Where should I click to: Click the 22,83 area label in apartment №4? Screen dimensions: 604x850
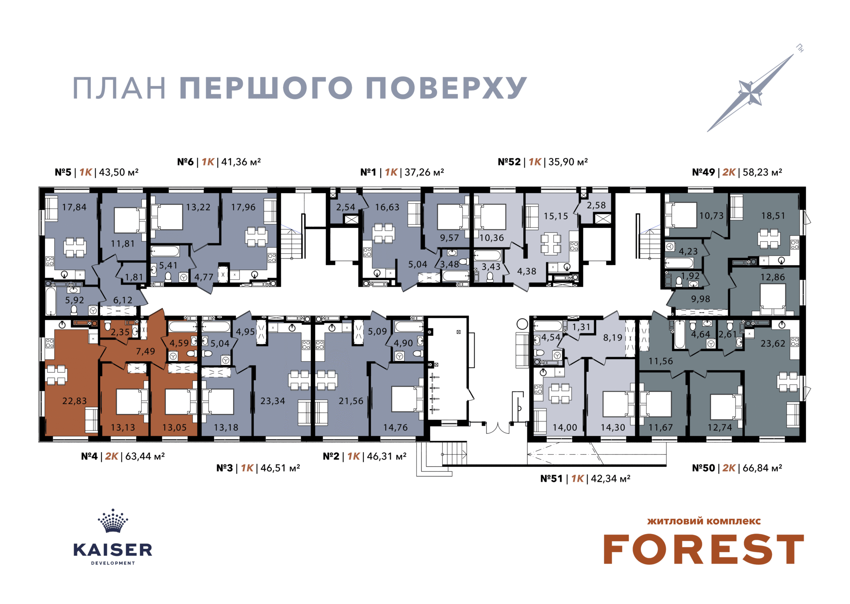pos(74,401)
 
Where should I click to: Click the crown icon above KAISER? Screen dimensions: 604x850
pos(113,520)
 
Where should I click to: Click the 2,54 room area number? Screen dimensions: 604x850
pos(346,207)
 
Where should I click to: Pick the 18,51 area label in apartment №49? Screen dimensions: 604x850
pos(773,216)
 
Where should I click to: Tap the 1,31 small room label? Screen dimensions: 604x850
pos(581,327)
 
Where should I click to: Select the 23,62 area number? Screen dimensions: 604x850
pos(773,343)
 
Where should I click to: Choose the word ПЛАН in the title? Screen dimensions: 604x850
pos(119,88)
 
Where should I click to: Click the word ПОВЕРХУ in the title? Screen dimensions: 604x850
pos(446,88)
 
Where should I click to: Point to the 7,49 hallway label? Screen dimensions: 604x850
pos(145,351)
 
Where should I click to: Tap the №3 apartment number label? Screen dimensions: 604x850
pos(224,468)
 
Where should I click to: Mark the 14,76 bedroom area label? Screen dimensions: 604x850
pos(395,428)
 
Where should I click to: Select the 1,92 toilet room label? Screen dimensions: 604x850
pos(690,276)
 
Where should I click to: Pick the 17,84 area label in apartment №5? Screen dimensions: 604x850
pos(74,207)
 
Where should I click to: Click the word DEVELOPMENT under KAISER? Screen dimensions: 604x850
pos(113,563)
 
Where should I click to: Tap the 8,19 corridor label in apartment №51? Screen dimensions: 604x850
pos(613,338)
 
